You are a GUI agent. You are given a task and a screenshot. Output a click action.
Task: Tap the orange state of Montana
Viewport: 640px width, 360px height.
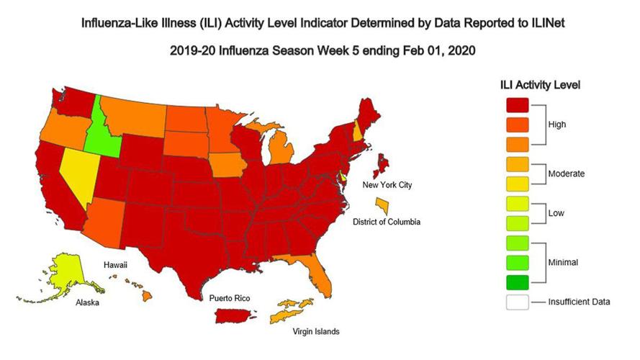[x=134, y=116]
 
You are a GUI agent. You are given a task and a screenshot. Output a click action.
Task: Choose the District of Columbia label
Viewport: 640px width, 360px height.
[x=387, y=222]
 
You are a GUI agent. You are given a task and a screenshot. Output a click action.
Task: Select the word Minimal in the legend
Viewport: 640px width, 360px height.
[x=563, y=263]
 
